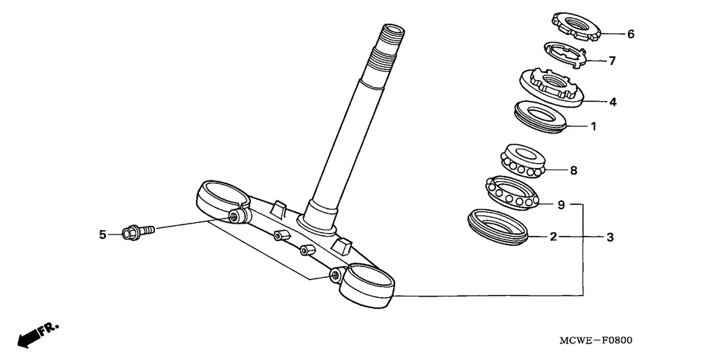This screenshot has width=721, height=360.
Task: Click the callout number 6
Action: [630, 34]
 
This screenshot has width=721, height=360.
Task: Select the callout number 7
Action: [611, 61]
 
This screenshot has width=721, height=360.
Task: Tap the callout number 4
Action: [612, 102]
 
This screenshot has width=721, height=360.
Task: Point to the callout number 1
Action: [593, 126]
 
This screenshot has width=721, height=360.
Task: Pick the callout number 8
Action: [573, 170]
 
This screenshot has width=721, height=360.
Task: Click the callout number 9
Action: [561, 205]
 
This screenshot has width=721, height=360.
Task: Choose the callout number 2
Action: [553, 237]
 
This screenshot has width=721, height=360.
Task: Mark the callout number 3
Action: [610, 237]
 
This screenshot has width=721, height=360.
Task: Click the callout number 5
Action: [102, 234]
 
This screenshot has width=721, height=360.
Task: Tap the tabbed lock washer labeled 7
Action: [565, 55]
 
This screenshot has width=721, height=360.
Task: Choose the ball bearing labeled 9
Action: [512, 191]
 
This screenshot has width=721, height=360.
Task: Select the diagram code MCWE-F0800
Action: [596, 341]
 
